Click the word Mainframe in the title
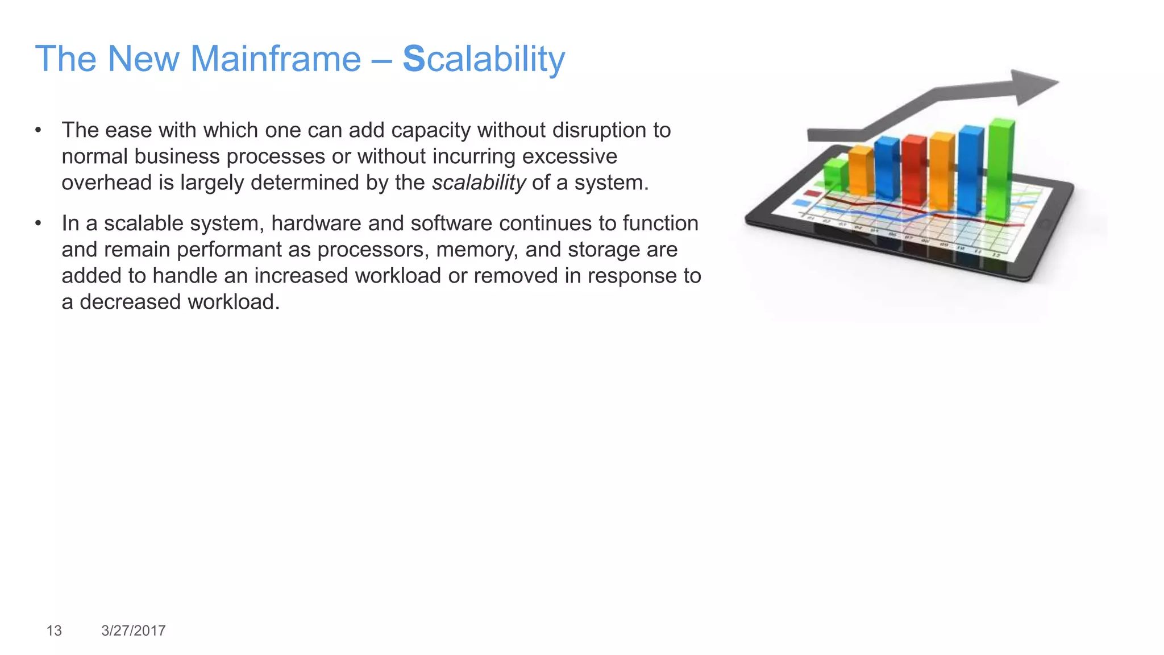[x=275, y=59]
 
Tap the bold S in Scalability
[x=414, y=59]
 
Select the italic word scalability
[x=479, y=183]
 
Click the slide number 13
[x=54, y=631]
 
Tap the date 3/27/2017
[x=134, y=631]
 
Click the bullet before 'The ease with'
[x=38, y=130]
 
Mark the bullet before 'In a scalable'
[x=38, y=223]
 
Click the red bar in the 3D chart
[x=914, y=171]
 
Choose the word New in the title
[x=143, y=59]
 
